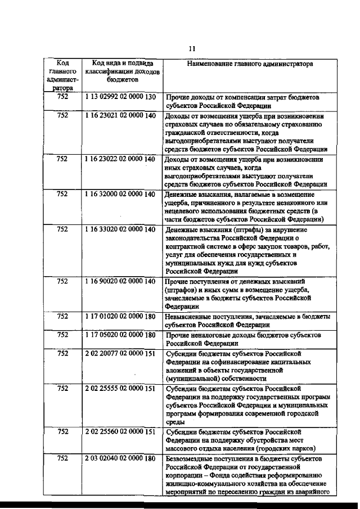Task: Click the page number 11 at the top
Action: [x=192, y=48]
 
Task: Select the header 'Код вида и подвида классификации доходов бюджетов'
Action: [x=123, y=72]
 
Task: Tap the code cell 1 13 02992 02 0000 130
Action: [x=120, y=97]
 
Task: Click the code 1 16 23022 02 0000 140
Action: [x=120, y=159]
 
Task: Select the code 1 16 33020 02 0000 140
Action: [x=120, y=229]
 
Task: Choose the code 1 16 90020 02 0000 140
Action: [x=120, y=281]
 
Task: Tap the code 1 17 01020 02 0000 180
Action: [x=120, y=317]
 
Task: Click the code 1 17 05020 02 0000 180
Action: [x=120, y=335]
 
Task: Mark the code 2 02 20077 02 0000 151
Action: [x=120, y=354]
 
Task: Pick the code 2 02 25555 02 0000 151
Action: [x=120, y=389]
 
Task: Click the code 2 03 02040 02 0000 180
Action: [x=120, y=458]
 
